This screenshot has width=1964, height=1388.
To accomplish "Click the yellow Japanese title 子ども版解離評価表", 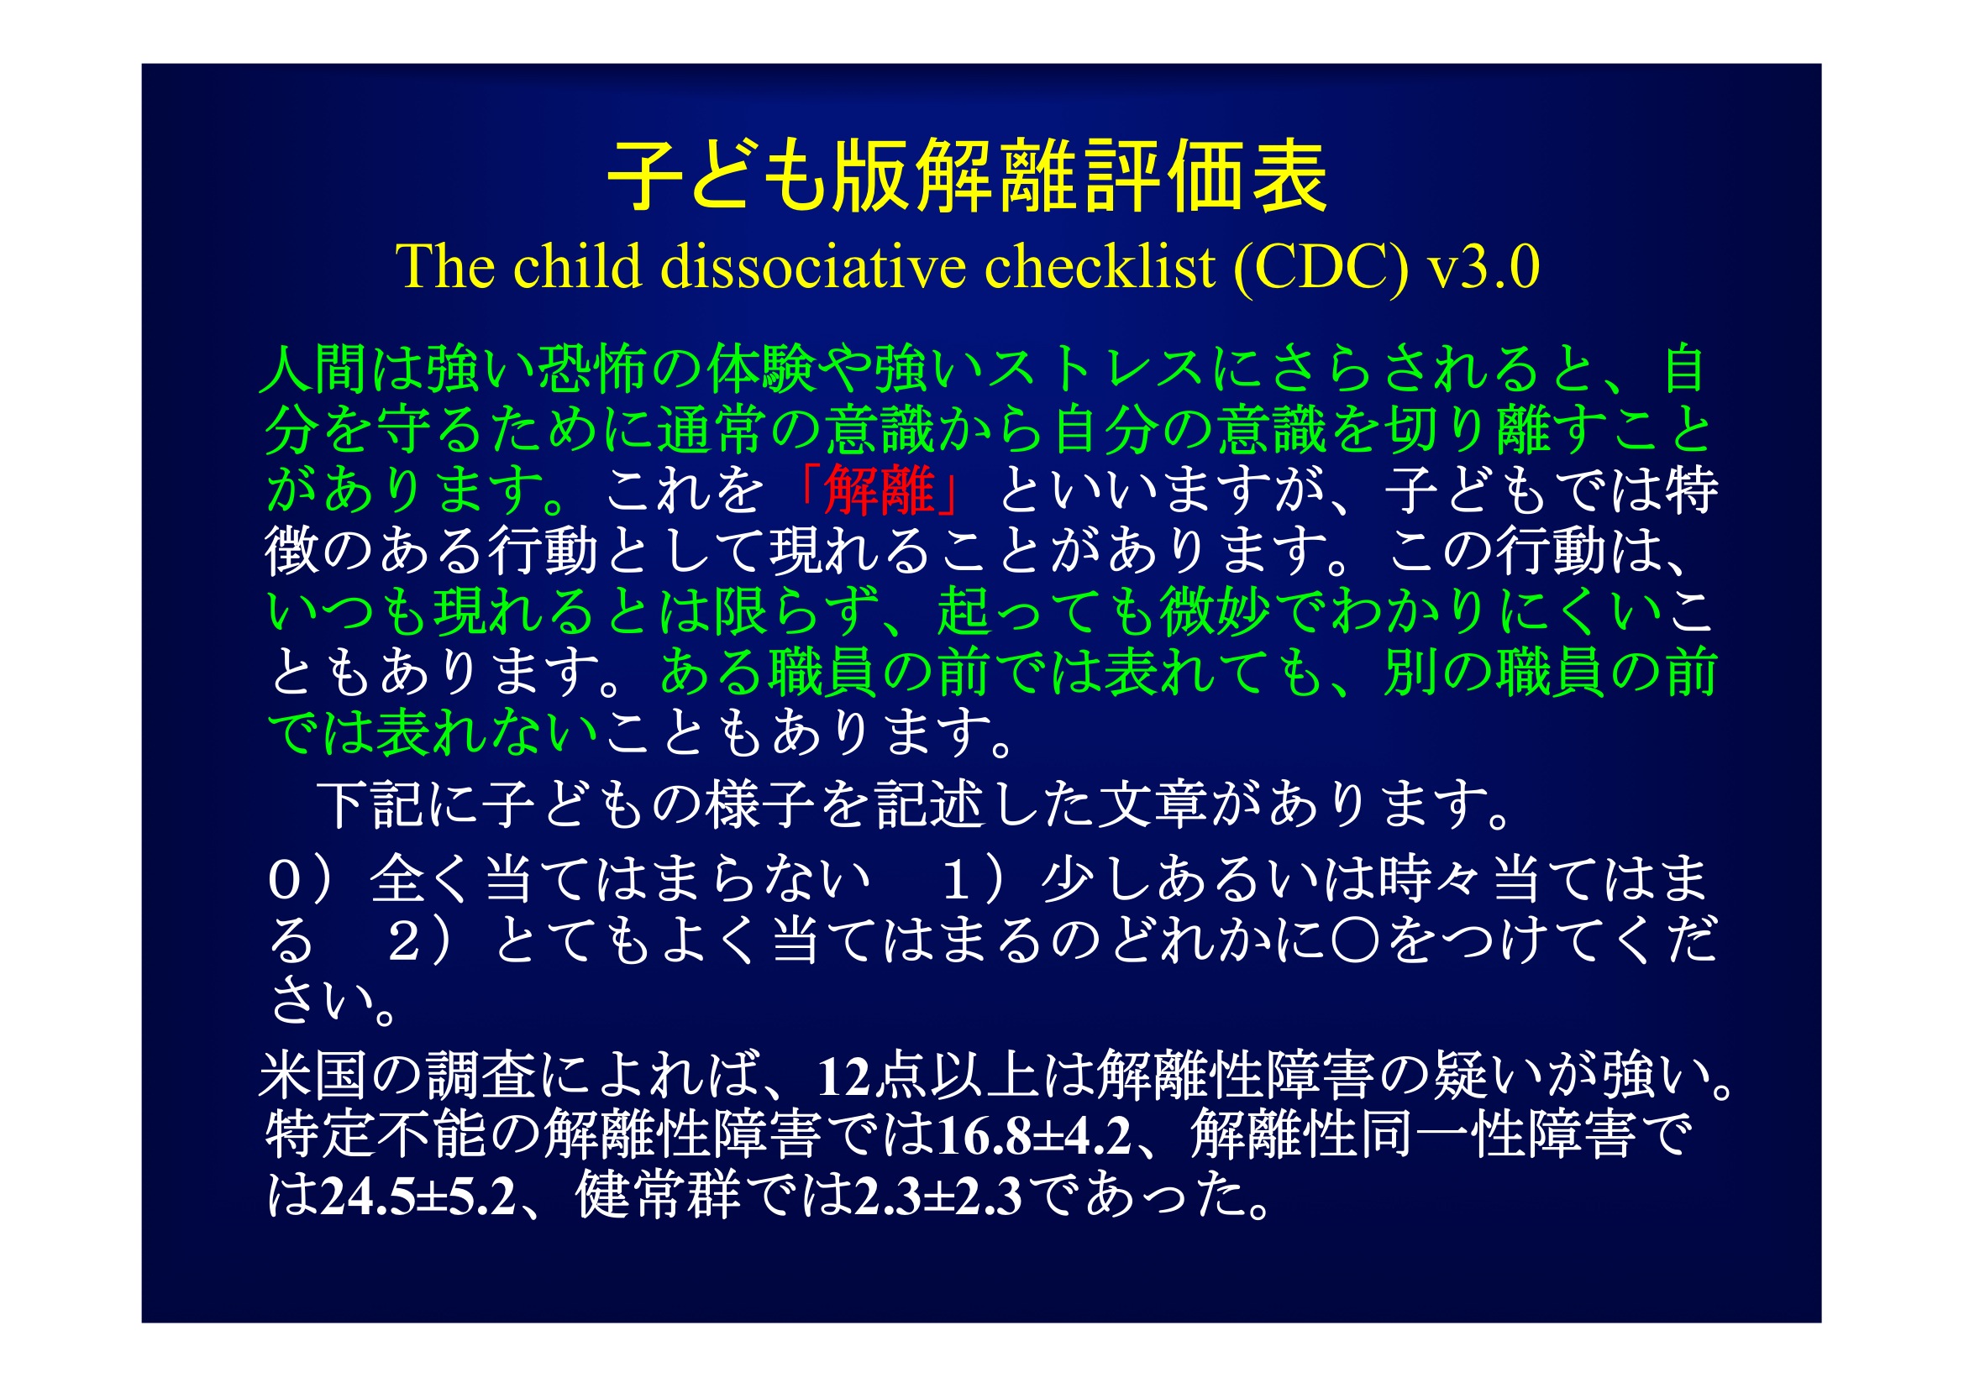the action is click(x=967, y=177).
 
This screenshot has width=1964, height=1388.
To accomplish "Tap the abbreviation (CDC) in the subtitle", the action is click(x=1321, y=268).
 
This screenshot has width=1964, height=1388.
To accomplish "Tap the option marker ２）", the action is click(x=420, y=941).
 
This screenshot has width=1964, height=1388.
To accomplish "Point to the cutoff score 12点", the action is click(x=873, y=1075).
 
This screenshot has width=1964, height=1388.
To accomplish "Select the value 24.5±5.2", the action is click(x=418, y=1196).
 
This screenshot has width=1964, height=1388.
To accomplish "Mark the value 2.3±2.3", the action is click(x=938, y=1196).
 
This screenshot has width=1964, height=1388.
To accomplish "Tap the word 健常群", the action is click(x=658, y=1195).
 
